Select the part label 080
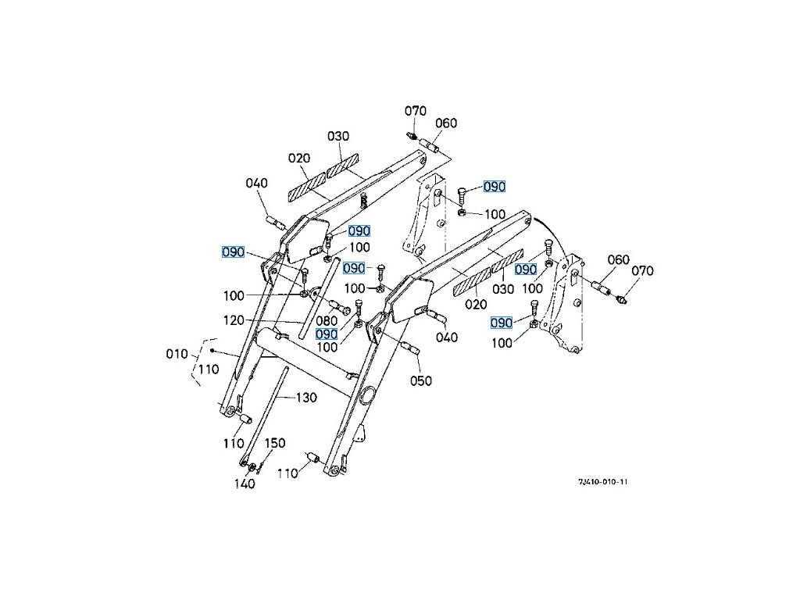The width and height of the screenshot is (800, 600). point(327,321)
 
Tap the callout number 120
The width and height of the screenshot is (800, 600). point(234,320)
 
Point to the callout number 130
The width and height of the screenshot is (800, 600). point(306,398)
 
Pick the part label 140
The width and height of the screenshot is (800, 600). point(245,484)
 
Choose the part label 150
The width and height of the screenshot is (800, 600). point(273,443)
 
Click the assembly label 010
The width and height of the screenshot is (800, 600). point(177,354)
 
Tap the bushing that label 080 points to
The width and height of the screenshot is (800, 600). point(332,304)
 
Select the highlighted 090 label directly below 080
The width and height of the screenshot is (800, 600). point(327,334)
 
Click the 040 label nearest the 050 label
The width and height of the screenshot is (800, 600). point(446,337)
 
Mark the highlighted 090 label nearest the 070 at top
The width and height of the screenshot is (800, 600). point(495,187)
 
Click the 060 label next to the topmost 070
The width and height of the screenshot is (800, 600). point(446,123)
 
